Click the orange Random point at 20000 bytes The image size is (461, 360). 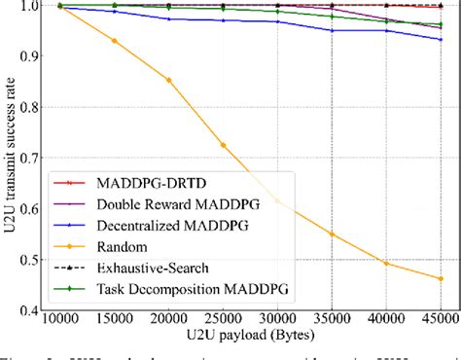[169, 80]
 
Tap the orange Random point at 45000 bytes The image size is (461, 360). [441, 278]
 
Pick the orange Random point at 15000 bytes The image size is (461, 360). [115, 40]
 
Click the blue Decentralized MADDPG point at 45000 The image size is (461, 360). [441, 39]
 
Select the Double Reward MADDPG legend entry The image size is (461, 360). [160, 204]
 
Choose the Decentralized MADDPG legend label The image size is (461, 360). [159, 225]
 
